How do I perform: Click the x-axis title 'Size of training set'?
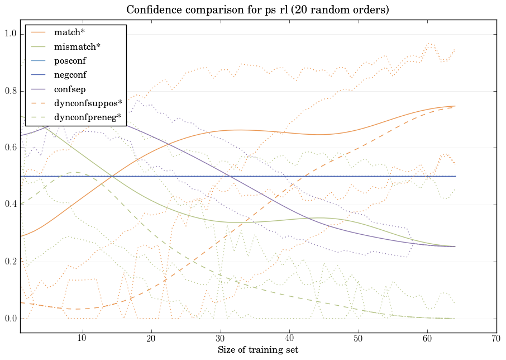[x=257, y=350]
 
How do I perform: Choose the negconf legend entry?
[x=70, y=75]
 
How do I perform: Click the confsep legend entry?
[x=69, y=89]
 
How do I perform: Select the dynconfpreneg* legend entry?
[x=87, y=117]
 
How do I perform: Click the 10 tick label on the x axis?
[x=82, y=338]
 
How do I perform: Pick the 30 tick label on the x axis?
[x=220, y=338]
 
